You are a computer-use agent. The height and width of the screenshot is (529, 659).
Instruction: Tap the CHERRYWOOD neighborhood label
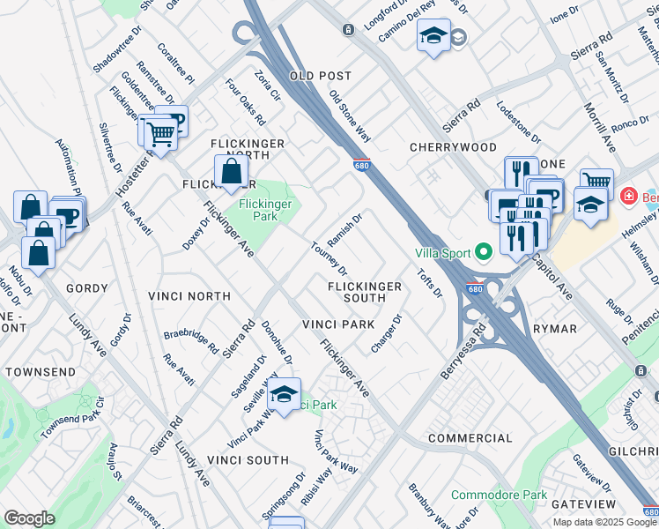453,147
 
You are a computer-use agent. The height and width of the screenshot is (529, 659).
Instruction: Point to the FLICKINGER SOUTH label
365,292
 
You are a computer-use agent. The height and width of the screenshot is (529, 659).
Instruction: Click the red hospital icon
630,196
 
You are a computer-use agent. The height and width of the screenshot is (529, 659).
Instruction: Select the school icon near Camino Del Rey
433,36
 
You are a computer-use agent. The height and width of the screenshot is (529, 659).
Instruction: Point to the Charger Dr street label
386,335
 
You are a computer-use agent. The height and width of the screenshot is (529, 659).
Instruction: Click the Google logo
29,518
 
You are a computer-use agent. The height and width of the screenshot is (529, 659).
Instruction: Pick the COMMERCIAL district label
470,438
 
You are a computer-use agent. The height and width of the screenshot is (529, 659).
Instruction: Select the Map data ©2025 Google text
603,522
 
